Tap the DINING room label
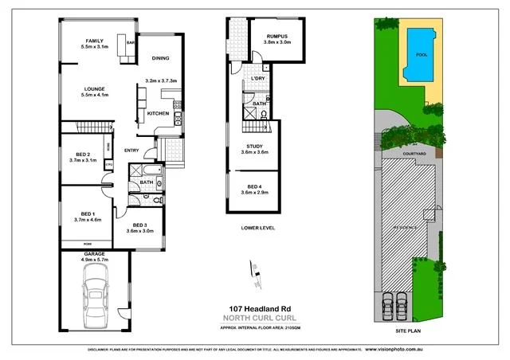(160, 57)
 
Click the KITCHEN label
(158, 114)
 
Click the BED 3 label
(143, 226)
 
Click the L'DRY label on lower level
(258, 79)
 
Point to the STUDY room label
(255, 147)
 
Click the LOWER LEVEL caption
(257, 227)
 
